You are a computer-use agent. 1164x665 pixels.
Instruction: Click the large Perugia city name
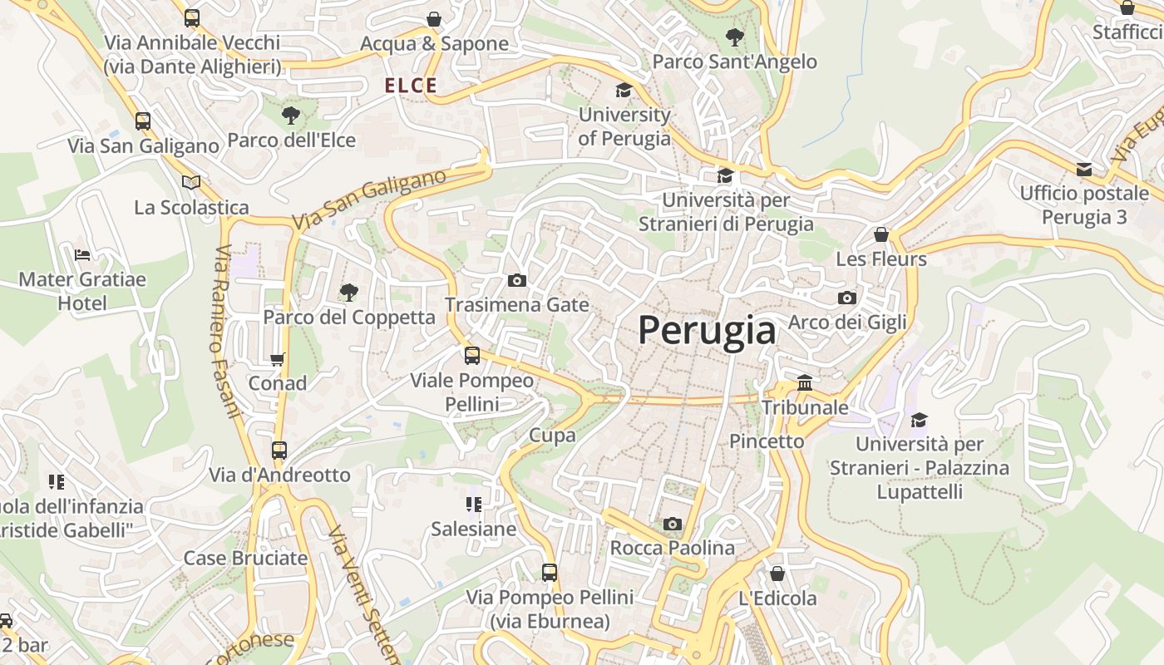coord(707,331)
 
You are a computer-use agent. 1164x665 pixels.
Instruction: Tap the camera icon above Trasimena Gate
coord(516,281)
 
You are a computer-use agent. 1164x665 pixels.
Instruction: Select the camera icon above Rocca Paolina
coord(673,524)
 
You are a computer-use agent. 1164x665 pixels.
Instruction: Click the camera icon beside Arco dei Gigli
coord(846,298)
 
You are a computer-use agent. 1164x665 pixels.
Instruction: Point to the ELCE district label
coord(411,86)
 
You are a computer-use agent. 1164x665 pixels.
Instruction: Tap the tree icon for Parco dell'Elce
coord(290,116)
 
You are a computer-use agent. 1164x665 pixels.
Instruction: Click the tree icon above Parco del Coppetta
coord(349,292)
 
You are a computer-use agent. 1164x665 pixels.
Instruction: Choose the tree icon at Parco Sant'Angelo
coord(734,37)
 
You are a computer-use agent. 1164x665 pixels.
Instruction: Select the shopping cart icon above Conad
coord(278,359)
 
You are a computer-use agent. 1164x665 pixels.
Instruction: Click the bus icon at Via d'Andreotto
coord(279,451)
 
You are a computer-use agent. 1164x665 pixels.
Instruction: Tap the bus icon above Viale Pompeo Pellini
coord(472,356)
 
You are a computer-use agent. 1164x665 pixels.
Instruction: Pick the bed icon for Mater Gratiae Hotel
coord(81,254)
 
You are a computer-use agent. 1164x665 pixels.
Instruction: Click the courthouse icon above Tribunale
coord(805,383)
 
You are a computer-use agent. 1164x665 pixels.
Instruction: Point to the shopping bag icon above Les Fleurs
coord(881,234)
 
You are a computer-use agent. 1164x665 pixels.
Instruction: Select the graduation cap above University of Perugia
coord(624,90)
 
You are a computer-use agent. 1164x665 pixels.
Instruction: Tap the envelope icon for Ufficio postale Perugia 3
coord(1084,169)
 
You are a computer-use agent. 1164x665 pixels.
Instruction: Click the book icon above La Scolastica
coord(191,182)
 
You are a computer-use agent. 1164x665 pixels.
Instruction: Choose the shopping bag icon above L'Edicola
coord(777,574)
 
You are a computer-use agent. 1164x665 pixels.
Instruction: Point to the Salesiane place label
coord(473,529)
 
